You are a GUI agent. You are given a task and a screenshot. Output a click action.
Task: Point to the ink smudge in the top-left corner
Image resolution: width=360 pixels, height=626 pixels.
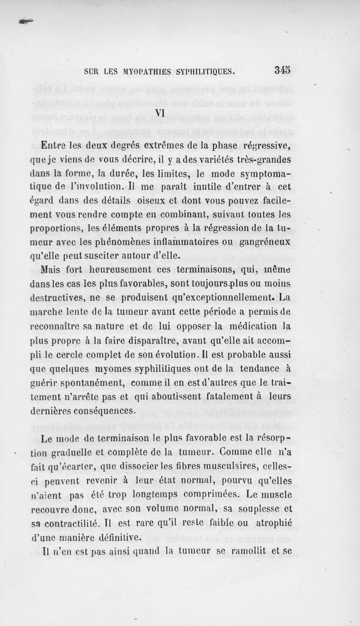(x=26, y=21)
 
